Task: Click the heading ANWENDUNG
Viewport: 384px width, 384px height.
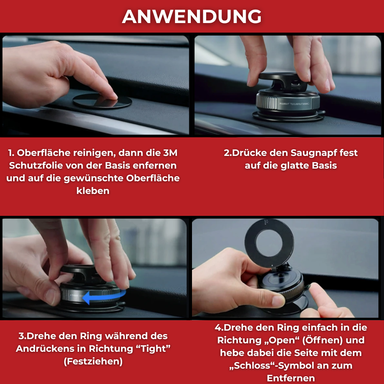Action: point(192,16)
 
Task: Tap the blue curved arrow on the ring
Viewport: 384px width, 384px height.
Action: point(104,296)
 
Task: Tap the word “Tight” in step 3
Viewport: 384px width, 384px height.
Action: point(155,349)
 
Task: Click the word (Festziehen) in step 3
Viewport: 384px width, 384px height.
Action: point(93,361)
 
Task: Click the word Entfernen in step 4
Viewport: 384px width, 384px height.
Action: point(291,378)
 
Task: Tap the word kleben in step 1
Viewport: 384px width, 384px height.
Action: point(93,191)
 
